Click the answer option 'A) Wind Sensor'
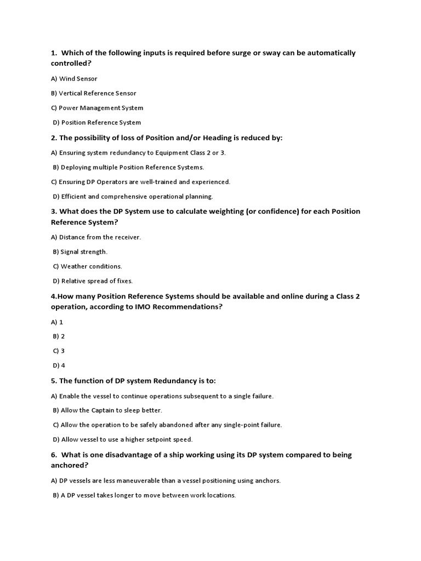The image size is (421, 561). [74, 79]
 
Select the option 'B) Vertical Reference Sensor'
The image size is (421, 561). [94, 93]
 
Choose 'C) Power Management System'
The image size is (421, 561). [97, 108]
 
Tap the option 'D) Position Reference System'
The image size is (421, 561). [97, 123]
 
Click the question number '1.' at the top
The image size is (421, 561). [54, 53]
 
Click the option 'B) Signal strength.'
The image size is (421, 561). [81, 251]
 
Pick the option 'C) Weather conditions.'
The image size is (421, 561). [88, 266]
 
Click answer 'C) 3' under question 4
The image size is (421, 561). [59, 351]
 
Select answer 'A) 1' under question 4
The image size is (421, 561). [57, 322]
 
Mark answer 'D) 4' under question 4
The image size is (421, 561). [59, 365]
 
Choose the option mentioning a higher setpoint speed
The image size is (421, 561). [123, 439]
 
